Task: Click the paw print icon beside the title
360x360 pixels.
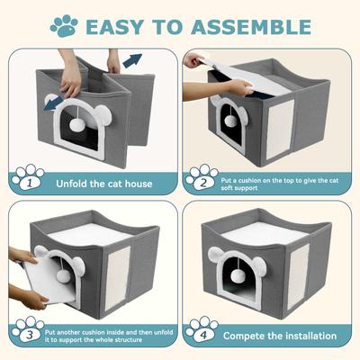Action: [63, 25]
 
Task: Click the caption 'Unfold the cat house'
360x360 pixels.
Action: [103, 184]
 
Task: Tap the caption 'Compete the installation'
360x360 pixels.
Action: [280, 336]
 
